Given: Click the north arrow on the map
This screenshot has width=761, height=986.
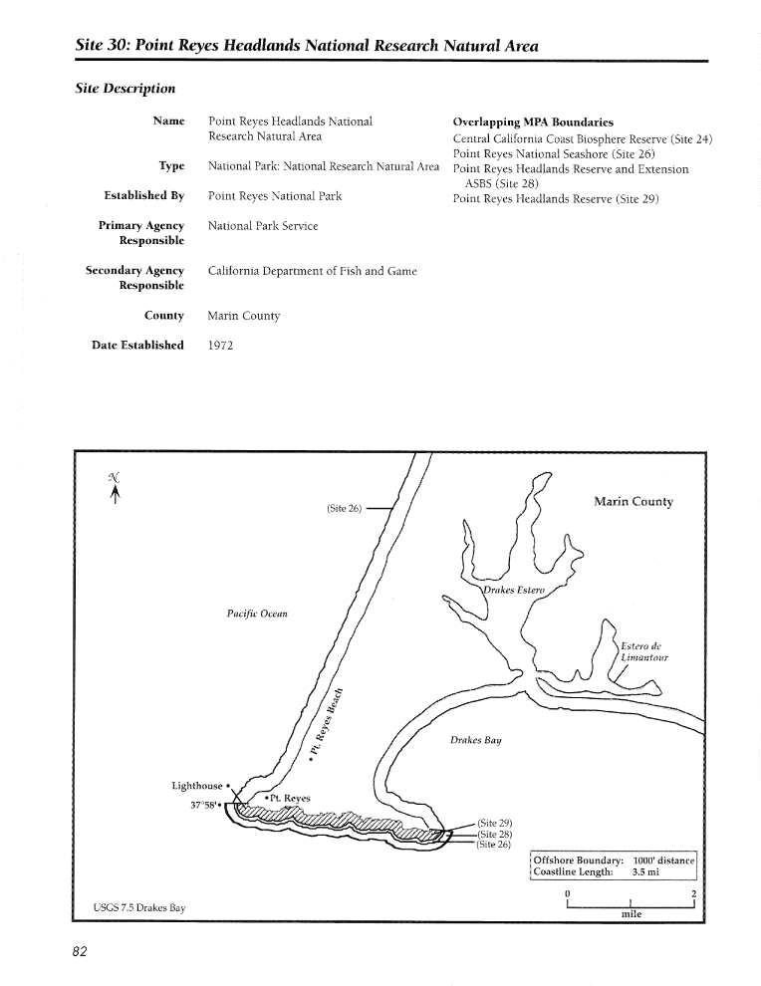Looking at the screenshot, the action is point(115,488).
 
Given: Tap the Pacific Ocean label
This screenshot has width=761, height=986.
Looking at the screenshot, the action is point(257,614).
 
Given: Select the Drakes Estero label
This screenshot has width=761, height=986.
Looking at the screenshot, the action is point(514,590).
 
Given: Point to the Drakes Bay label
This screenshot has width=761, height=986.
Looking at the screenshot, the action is point(475,740).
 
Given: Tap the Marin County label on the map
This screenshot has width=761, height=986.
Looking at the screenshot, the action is point(634,501).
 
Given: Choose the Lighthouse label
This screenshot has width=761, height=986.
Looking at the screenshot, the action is point(197,786).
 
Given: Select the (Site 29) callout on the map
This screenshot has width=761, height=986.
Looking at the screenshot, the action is point(494,823).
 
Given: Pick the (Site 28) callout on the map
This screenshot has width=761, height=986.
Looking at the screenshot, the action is point(494,834).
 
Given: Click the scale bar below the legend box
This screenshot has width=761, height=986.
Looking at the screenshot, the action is point(631,904).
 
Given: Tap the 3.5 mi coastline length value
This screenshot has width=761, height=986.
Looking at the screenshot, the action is point(645,872).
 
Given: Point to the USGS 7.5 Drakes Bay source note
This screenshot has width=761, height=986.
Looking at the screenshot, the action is point(139,907).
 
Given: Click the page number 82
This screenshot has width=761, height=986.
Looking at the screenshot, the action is point(80,951).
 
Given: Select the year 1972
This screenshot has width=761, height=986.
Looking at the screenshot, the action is point(220,346).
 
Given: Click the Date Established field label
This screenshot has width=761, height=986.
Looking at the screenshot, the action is point(137,345).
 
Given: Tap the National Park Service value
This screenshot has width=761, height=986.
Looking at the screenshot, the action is point(263,226).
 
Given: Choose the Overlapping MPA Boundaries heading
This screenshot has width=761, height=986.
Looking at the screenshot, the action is point(533,122).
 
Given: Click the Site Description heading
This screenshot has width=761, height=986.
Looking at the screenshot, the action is point(126,88).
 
